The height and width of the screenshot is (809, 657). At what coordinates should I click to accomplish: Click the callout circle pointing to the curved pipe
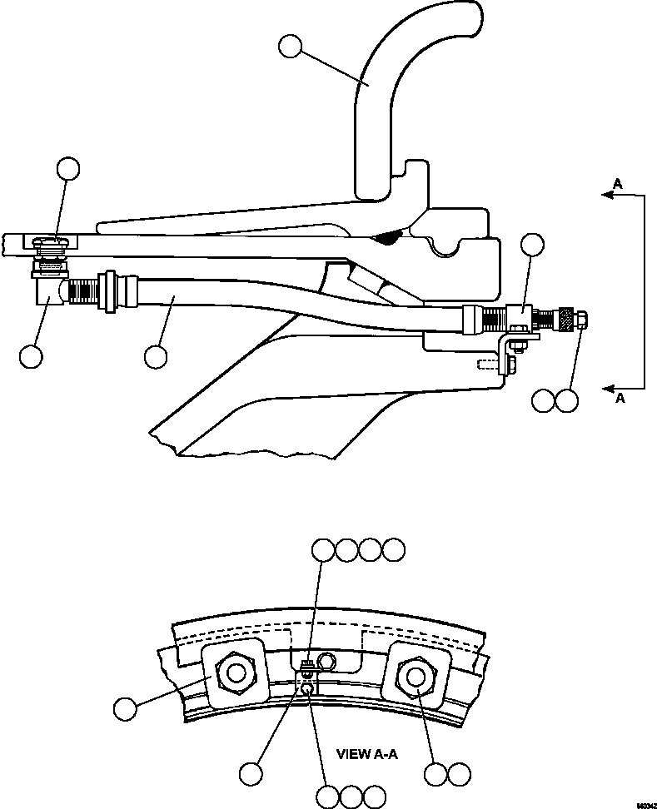[291, 47]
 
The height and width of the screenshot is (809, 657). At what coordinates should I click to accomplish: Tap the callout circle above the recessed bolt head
[67, 171]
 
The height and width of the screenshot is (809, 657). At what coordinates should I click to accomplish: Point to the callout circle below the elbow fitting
[32, 355]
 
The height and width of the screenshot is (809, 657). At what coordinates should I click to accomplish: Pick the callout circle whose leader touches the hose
[155, 356]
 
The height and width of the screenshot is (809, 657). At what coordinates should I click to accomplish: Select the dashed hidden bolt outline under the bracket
[490, 365]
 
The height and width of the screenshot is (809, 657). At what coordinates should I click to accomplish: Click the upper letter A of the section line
[616, 182]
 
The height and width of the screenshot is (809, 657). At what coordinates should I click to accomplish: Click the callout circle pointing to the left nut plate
[125, 709]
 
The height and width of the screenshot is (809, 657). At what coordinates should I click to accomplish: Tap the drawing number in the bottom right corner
[645, 805]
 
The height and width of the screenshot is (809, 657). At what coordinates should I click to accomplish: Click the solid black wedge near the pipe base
[385, 239]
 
